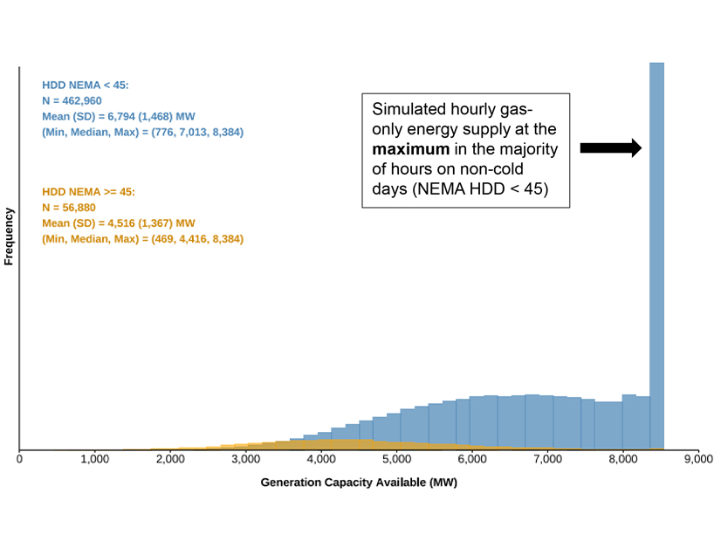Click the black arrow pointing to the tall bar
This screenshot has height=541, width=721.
(x=611, y=148)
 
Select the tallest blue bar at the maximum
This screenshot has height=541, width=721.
(x=656, y=253)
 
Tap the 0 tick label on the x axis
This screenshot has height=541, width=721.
(x=19, y=458)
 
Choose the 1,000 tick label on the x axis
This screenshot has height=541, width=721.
(x=94, y=458)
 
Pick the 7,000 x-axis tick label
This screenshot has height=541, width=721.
(x=547, y=458)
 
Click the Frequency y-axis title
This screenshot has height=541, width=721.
(x=10, y=236)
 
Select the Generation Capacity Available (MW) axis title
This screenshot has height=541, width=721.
(x=359, y=482)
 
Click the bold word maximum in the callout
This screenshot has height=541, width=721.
(x=410, y=150)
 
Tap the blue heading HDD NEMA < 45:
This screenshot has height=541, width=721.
(x=86, y=86)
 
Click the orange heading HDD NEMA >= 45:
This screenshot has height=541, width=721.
(x=89, y=191)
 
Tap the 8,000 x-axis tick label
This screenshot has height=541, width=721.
(x=622, y=458)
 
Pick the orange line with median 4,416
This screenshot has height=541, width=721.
(x=142, y=238)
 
